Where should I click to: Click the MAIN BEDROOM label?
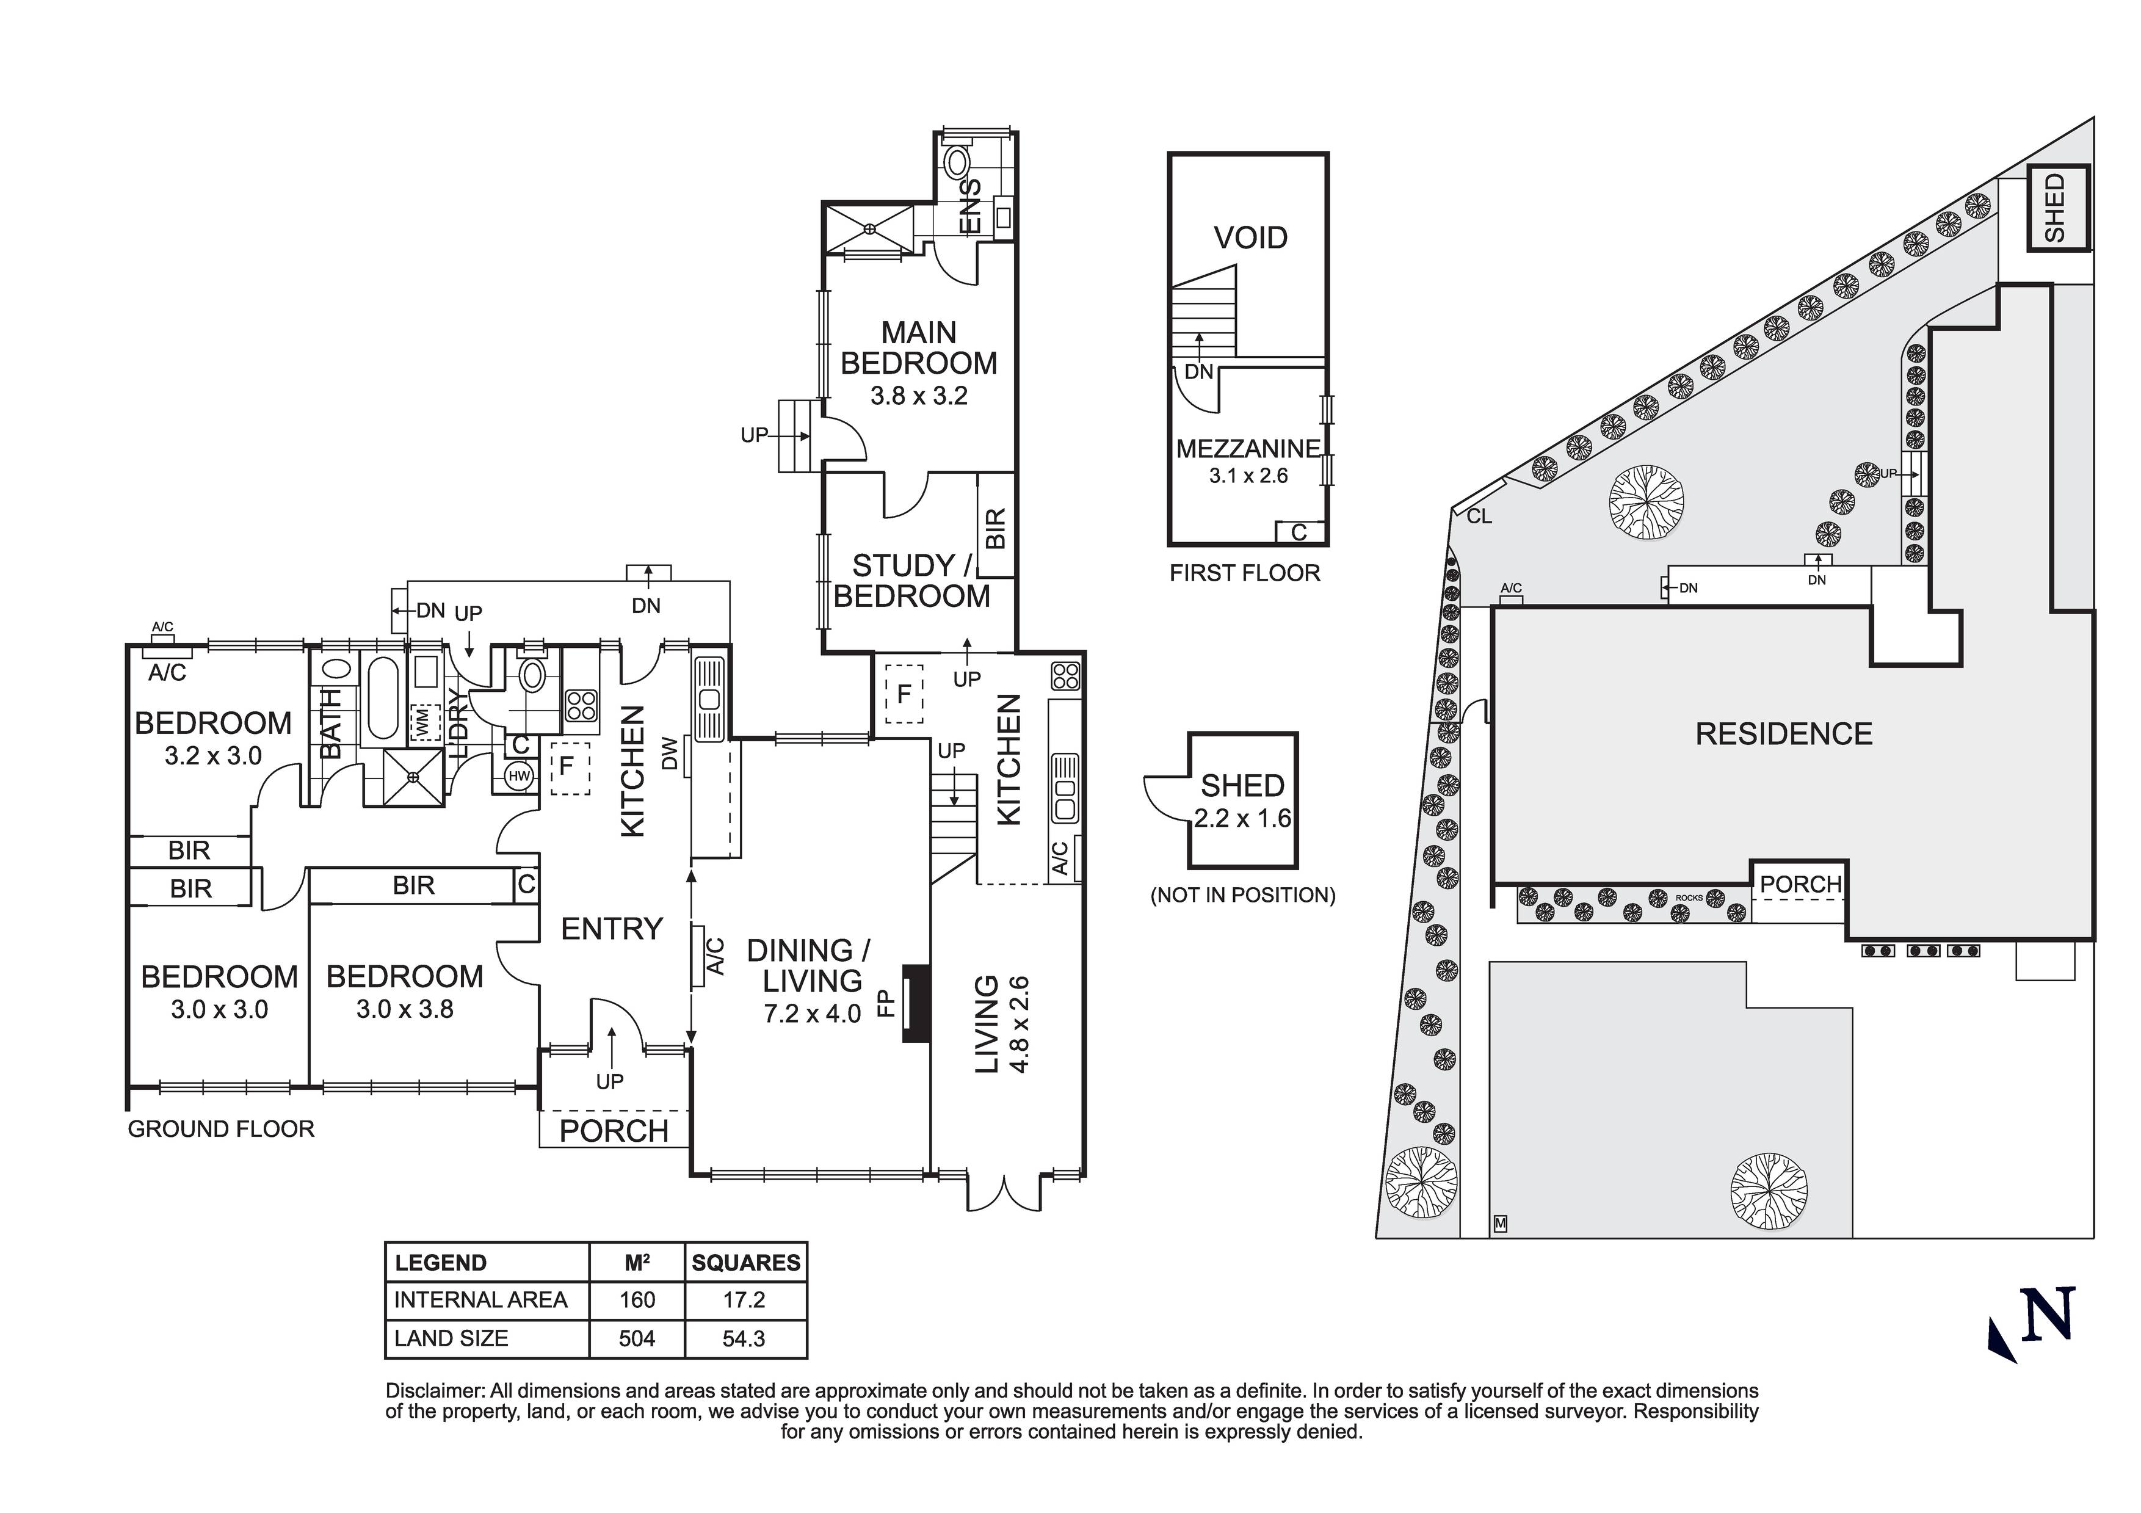(919, 348)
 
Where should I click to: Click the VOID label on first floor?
(1250, 238)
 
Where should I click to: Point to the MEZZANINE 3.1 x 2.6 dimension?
(1248, 476)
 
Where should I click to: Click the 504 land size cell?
(637, 1338)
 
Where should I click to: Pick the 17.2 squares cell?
(744, 1299)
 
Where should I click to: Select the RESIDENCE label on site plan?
(1783, 734)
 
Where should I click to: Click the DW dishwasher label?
(668, 753)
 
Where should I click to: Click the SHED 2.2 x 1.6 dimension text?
(1242, 819)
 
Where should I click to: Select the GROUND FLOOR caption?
(221, 1130)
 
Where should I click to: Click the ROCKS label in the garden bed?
(1689, 898)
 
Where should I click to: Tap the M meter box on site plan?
(1501, 1223)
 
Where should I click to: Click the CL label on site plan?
(1480, 516)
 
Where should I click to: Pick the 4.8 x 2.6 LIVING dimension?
(1019, 1024)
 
